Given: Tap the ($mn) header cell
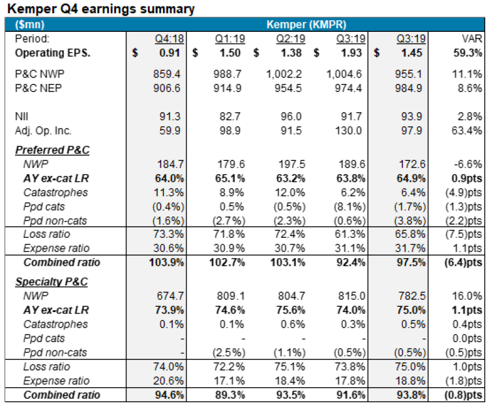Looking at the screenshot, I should (28, 24).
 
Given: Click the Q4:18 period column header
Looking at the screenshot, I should (167, 39).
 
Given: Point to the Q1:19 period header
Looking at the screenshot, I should (228, 39).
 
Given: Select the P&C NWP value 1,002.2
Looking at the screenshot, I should (284, 75).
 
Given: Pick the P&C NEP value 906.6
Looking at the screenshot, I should (168, 88).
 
